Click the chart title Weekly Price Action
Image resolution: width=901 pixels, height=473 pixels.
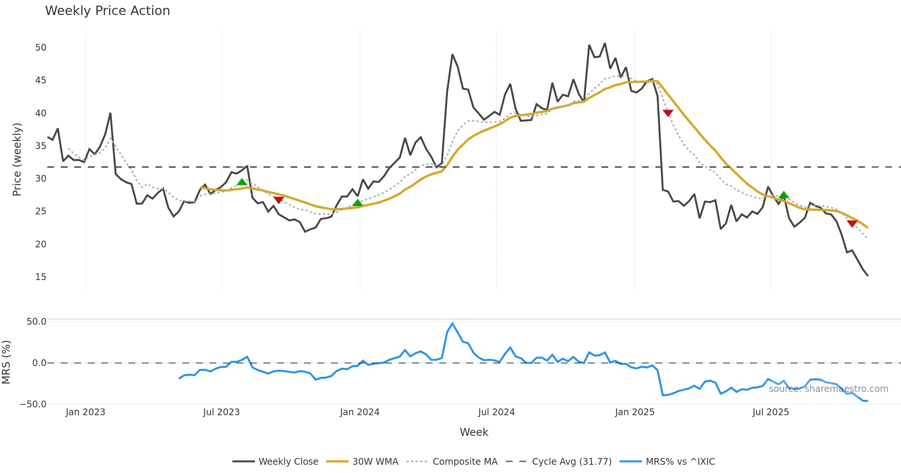tap(107, 11)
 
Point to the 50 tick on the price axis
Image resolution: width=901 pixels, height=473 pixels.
tap(41, 48)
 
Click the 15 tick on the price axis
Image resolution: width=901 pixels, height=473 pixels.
tap(41, 277)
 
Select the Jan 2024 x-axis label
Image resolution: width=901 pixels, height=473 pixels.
tap(360, 412)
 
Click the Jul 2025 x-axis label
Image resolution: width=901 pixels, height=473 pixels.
tap(770, 412)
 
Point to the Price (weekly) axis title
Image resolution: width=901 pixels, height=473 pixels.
tap(17, 160)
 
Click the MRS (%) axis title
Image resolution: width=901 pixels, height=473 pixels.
tap(6, 362)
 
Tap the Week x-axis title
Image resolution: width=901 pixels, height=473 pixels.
tap(474, 432)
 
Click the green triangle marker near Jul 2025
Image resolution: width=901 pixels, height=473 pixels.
tap(783, 195)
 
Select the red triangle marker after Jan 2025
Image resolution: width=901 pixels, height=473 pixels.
tap(668, 113)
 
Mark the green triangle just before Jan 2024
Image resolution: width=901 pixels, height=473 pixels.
tap(357, 203)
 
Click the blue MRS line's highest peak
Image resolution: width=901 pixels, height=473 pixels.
tap(452, 323)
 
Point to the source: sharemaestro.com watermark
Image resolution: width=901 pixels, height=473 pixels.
tap(828, 389)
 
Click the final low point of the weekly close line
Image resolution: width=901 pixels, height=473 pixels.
tap(867, 276)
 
